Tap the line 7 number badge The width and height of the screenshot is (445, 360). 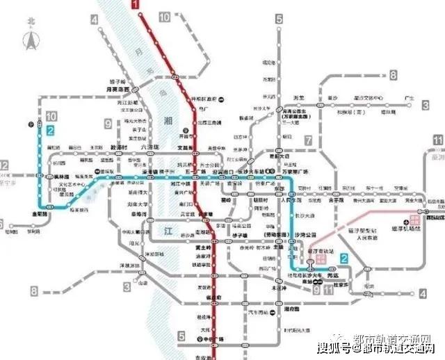point(308,140)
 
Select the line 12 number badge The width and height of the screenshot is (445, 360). point(4,165)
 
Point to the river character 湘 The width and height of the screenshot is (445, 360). point(168,121)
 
